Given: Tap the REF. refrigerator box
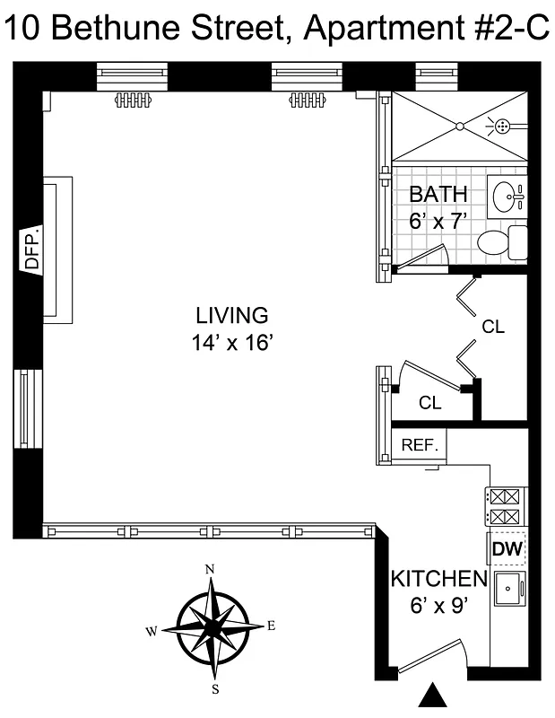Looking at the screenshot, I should coord(419,443).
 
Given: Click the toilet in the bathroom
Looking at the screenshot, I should coord(501,241).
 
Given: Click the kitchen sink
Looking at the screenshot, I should coord(509,589).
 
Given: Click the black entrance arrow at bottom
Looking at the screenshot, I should coord(434,696).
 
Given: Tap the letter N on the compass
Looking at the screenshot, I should coord(211,569).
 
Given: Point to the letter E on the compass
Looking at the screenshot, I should coord(270,626).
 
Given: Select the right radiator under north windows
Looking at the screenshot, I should coord(307,100).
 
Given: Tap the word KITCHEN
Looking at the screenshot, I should coord(438,579).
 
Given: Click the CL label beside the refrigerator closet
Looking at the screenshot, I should coord(430,403).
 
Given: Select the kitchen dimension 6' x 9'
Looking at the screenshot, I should coord(438,608).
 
